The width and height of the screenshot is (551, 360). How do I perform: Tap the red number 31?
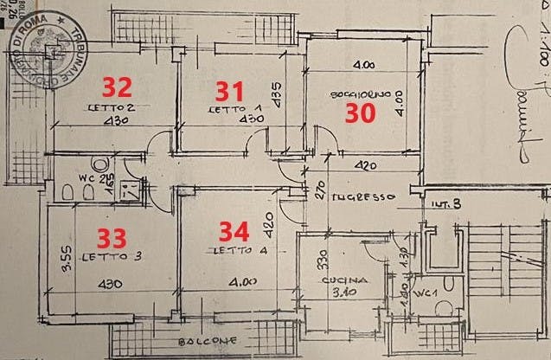pos(229,89)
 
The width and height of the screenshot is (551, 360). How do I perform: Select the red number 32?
pos(119,87)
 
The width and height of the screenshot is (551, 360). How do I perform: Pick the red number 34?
pos(234,231)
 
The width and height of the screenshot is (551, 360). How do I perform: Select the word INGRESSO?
pos(367,196)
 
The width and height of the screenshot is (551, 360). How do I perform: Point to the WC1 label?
pos(425,294)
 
